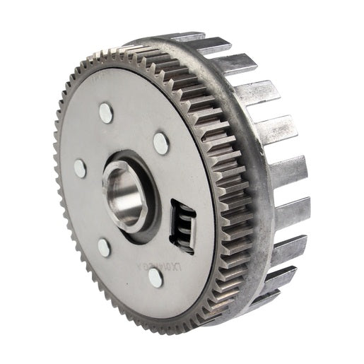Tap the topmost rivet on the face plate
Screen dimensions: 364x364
tap(106, 112)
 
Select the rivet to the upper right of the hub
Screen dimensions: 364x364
tap(161, 143)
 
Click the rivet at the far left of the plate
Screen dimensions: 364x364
tap(79, 168)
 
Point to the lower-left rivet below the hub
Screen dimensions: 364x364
tap(104, 247)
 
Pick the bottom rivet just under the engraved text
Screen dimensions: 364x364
tap(155, 278)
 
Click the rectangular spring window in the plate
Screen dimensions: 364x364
tap(182, 226)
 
